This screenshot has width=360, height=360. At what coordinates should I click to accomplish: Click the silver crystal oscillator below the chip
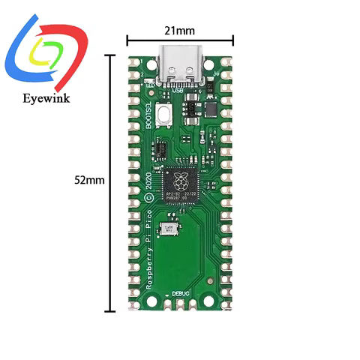point(170,229)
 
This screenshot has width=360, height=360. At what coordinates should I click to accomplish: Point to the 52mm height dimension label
point(89,180)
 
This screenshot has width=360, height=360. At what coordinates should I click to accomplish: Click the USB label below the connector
point(189,91)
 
